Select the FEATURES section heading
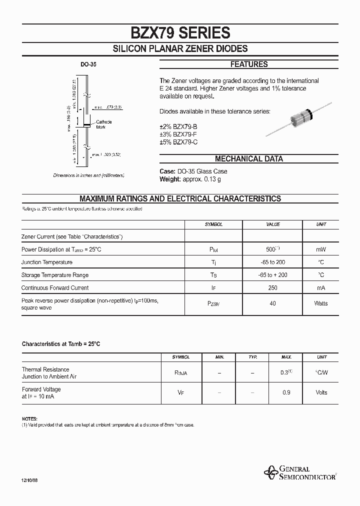click(248, 64)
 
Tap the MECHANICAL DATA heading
click(248, 159)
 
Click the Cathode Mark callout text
click(104, 124)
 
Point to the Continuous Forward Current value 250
click(273, 288)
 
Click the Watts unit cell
click(320, 303)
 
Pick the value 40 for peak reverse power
click(273, 303)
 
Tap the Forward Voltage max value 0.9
click(286, 392)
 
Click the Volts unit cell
click(321, 392)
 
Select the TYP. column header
click(252, 357)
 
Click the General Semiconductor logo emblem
click(271, 471)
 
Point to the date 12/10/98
click(29, 479)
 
